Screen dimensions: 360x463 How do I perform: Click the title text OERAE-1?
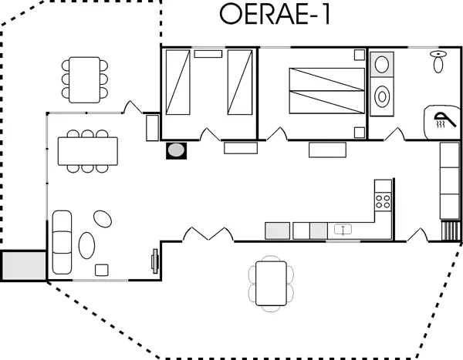[x=275, y=15]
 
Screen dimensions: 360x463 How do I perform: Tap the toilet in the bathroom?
[x=438, y=61]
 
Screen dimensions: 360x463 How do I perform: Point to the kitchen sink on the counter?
[x=343, y=229]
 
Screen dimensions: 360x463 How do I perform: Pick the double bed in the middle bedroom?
[x=326, y=91]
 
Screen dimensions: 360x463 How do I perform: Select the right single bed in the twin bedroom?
[x=240, y=82]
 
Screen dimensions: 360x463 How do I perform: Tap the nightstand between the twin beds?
[x=208, y=54]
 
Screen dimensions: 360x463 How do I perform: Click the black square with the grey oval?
[x=177, y=150]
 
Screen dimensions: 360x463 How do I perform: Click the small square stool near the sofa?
[x=101, y=269]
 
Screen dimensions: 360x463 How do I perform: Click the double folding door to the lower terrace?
[x=209, y=233]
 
